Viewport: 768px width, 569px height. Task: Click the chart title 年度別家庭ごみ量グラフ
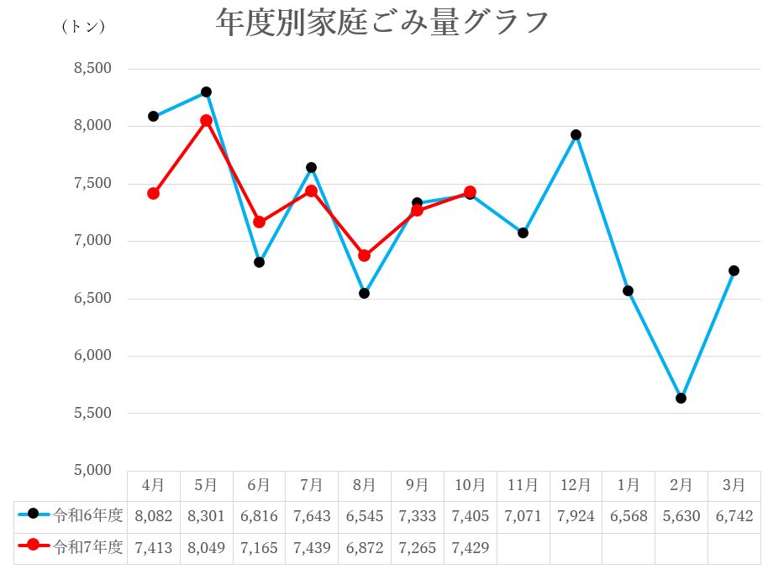(x=382, y=23)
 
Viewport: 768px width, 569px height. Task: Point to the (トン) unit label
(x=83, y=26)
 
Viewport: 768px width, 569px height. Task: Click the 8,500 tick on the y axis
(x=94, y=69)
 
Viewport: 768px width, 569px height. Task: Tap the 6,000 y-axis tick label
(x=94, y=356)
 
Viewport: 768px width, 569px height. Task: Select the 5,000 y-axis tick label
(x=94, y=471)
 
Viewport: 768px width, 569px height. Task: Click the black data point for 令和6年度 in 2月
(x=681, y=398)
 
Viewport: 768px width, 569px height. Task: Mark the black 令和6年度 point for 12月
(x=576, y=134)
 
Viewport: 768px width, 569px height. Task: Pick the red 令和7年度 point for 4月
(x=153, y=193)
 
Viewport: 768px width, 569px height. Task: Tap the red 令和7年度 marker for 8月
(x=364, y=255)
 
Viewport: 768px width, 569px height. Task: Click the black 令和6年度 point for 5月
(x=206, y=91)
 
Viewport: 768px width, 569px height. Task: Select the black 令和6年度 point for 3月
(x=734, y=270)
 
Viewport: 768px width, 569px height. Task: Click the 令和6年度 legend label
(x=87, y=515)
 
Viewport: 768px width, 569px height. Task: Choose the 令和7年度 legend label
(x=87, y=547)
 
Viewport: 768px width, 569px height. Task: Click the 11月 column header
(x=523, y=485)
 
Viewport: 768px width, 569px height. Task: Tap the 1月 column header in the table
(x=629, y=485)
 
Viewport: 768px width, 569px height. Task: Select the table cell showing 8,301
(x=206, y=516)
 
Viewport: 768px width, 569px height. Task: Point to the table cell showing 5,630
(x=681, y=516)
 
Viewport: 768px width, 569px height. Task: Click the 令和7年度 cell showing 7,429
(x=470, y=547)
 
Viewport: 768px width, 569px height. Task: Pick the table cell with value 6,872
(x=364, y=547)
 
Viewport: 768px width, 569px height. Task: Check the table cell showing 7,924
(x=576, y=516)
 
